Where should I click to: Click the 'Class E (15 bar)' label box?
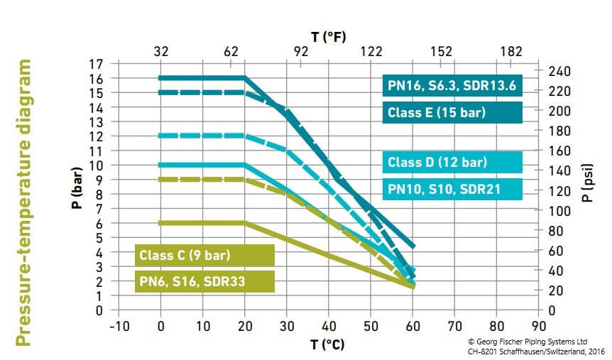(452, 113)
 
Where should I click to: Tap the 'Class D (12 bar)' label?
(452, 162)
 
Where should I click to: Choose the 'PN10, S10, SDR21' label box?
(452, 190)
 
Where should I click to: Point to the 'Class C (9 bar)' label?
(204, 254)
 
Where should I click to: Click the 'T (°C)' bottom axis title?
(329, 344)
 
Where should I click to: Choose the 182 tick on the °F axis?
(510, 51)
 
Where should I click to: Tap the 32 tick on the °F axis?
(160, 51)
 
